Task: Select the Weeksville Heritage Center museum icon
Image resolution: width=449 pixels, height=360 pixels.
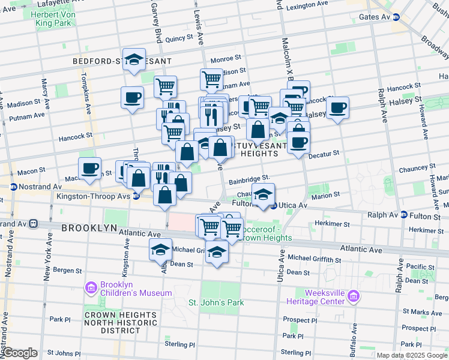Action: click(x=354, y=296)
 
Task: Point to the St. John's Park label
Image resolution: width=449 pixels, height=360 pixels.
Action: click(x=216, y=302)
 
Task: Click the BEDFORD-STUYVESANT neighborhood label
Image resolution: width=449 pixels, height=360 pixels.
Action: click(x=122, y=61)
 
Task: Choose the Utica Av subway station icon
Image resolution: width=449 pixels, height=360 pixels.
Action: click(x=273, y=206)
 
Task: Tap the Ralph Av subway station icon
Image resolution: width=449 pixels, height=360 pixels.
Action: click(x=404, y=215)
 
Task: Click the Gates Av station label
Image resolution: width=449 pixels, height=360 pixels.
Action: click(x=375, y=17)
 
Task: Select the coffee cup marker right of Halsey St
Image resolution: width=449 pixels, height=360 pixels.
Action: click(x=338, y=107)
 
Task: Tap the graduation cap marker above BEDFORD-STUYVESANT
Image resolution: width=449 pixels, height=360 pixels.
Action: click(x=134, y=58)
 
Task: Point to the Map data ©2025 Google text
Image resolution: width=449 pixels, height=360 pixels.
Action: click(x=411, y=355)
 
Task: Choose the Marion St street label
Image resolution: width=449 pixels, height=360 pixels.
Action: click(x=326, y=194)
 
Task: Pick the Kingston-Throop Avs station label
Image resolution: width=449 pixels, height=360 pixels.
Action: click(x=94, y=196)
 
